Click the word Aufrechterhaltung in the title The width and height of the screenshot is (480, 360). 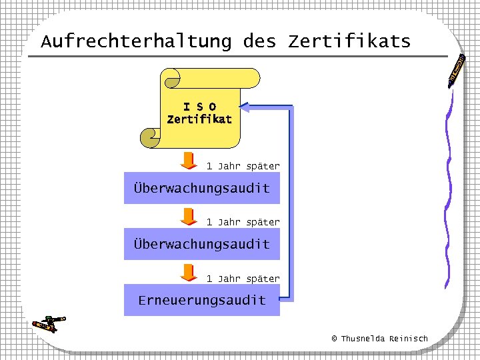pyautogui.click(x=136, y=42)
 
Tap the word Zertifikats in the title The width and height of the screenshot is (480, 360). pyautogui.click(x=349, y=42)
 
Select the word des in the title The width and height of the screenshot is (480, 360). pyautogui.click(x=259, y=42)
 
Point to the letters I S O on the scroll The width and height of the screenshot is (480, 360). pyautogui.click(x=199, y=107)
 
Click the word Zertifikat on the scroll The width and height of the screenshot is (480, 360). pyautogui.click(x=199, y=120)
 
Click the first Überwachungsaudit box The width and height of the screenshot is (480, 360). pyautogui.click(x=201, y=189)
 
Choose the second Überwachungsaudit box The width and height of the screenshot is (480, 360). pyautogui.click(x=201, y=245)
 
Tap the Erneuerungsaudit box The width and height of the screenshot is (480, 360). pyautogui.click(x=201, y=301)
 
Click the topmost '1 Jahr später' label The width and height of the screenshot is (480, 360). pyautogui.click(x=243, y=166)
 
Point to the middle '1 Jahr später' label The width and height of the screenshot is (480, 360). pyautogui.click(x=243, y=222)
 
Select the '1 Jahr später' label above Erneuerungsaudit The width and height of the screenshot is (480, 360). pyautogui.click(x=243, y=279)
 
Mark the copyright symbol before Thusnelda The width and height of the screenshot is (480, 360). pyautogui.click(x=335, y=339)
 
